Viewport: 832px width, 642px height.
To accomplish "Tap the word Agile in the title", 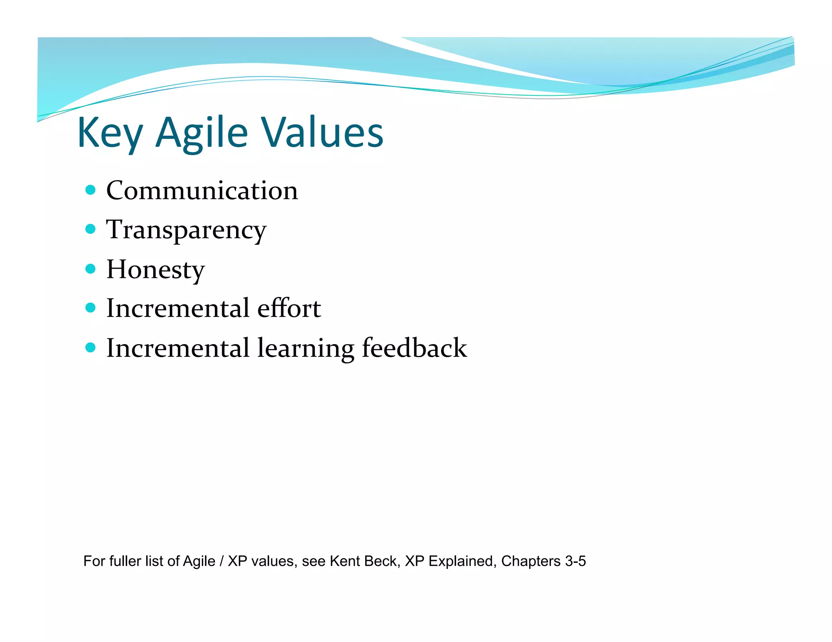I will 201,133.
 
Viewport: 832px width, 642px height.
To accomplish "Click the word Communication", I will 202,190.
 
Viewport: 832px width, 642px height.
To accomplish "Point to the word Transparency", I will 186,230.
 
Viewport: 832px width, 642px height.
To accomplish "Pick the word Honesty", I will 155,269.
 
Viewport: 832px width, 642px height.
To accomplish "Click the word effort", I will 289,308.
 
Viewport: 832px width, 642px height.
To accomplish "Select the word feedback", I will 414,348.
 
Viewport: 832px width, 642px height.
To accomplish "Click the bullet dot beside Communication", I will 91,190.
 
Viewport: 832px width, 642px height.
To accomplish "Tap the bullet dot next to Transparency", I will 91,229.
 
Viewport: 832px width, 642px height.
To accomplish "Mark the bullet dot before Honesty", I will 91,269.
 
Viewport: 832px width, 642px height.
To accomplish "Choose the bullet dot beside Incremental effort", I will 91,308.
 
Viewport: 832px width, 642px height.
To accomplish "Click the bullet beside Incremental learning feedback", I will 91,347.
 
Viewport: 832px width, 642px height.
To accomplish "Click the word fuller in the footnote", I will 125,561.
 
